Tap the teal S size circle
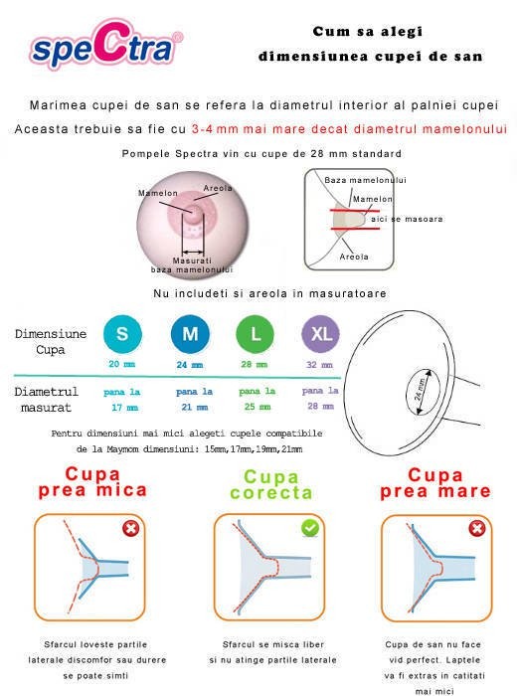[121, 334]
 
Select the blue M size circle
[188, 334]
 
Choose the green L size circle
[256, 334]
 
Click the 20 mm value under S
[121, 365]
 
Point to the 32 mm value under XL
[321, 365]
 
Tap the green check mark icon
[310, 526]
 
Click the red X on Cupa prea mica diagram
[130, 528]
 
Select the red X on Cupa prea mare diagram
[477, 528]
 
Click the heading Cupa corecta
[270, 485]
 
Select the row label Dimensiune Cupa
[51, 342]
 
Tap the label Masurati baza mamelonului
[191, 265]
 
